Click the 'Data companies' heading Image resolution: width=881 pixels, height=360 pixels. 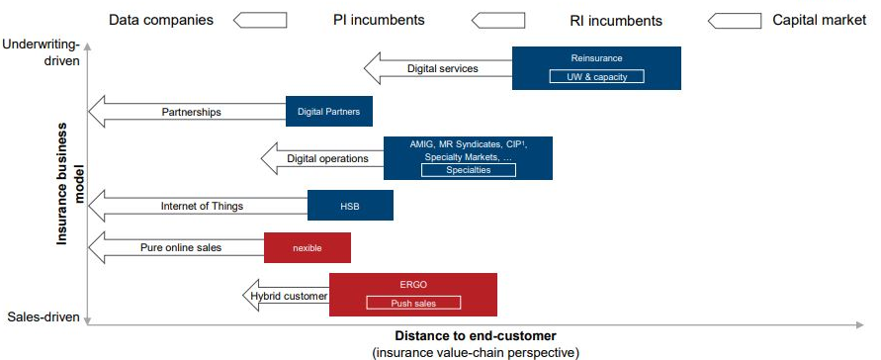(x=160, y=19)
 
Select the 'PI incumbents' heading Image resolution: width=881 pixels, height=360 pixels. (x=379, y=19)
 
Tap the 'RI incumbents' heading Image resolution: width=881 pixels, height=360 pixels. (x=616, y=20)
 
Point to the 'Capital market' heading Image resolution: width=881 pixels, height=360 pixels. (x=818, y=19)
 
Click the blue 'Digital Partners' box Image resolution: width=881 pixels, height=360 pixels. (x=329, y=113)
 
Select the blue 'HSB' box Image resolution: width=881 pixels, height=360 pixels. (x=351, y=206)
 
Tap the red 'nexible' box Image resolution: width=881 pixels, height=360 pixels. (x=307, y=247)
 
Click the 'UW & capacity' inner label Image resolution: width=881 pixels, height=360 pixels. (x=596, y=76)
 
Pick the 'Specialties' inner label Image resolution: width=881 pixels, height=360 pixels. (x=467, y=170)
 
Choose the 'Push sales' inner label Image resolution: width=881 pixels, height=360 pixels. (x=412, y=303)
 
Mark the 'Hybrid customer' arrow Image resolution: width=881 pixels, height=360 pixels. (x=286, y=295)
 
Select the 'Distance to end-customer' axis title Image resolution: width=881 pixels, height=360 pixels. (x=475, y=335)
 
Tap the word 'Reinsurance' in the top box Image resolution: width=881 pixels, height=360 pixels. (x=596, y=58)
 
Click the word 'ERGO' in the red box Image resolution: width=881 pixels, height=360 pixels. (x=412, y=284)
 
